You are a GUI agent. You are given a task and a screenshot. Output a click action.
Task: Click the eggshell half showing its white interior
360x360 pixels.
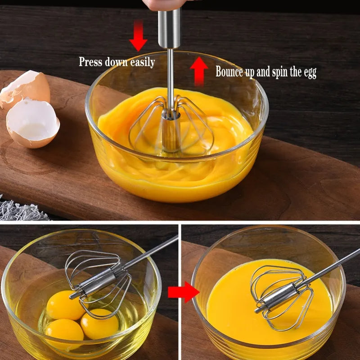(32, 123)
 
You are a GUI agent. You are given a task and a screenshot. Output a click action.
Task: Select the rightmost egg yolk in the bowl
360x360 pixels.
(99, 324)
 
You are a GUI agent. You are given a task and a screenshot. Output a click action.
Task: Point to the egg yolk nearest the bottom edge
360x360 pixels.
(64, 331)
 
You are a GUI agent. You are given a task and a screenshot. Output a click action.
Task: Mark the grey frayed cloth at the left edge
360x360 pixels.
(20, 209)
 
